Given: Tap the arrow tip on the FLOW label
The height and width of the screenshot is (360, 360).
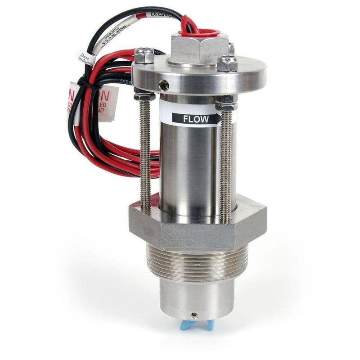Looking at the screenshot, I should [219, 119].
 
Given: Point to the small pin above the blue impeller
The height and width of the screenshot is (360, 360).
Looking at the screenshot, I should [194, 315].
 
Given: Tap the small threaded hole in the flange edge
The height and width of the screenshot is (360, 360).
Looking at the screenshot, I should [165, 84].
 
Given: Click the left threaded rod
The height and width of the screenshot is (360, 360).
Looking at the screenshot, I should [145, 153].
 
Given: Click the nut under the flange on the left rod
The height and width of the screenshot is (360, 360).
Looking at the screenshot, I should [144, 96].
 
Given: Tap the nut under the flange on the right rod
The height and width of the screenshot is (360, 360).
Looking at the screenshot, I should [226, 106].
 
